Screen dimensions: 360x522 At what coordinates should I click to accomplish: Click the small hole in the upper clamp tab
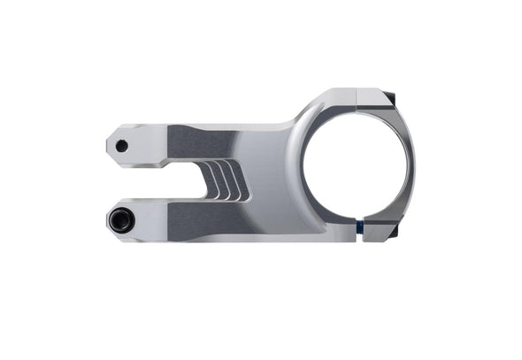click(121, 146)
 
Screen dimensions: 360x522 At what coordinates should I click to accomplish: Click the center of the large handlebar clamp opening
click(356, 165)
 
